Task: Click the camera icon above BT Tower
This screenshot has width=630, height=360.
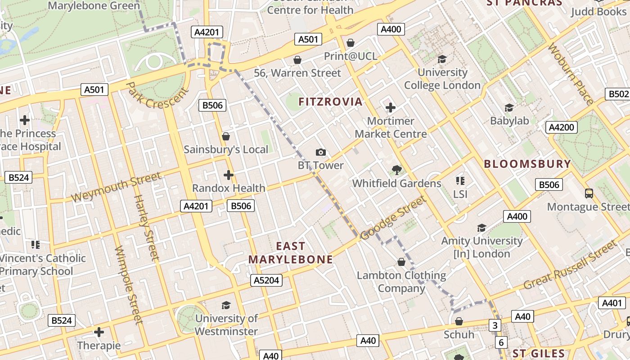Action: pos(320,153)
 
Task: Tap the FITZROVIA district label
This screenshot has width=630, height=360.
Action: pos(330,102)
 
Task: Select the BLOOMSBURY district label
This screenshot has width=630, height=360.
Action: pos(527,164)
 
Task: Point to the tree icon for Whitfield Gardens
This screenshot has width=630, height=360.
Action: pos(396,170)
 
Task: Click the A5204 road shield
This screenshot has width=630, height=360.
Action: pos(266,280)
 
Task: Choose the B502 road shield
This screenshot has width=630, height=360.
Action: pos(618,94)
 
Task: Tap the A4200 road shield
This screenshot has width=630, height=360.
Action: pos(561,127)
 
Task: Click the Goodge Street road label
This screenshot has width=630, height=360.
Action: pos(393,218)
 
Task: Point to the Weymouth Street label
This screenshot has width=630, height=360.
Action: pos(116,187)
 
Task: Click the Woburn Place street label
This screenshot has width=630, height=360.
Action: pos(571,74)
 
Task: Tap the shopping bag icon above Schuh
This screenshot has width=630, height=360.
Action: pos(459,321)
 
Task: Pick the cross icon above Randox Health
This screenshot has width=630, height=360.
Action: pos(229,175)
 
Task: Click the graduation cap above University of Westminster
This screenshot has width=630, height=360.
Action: pos(226,306)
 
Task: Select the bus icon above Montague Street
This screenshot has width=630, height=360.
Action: pos(589,193)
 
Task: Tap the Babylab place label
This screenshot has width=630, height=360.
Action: pos(509,121)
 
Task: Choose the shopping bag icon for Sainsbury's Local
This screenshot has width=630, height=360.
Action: pos(226,136)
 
